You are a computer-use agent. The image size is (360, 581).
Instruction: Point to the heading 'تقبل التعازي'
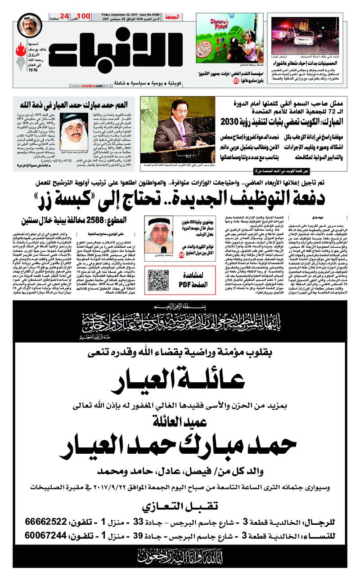click(x=180, y=506)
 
